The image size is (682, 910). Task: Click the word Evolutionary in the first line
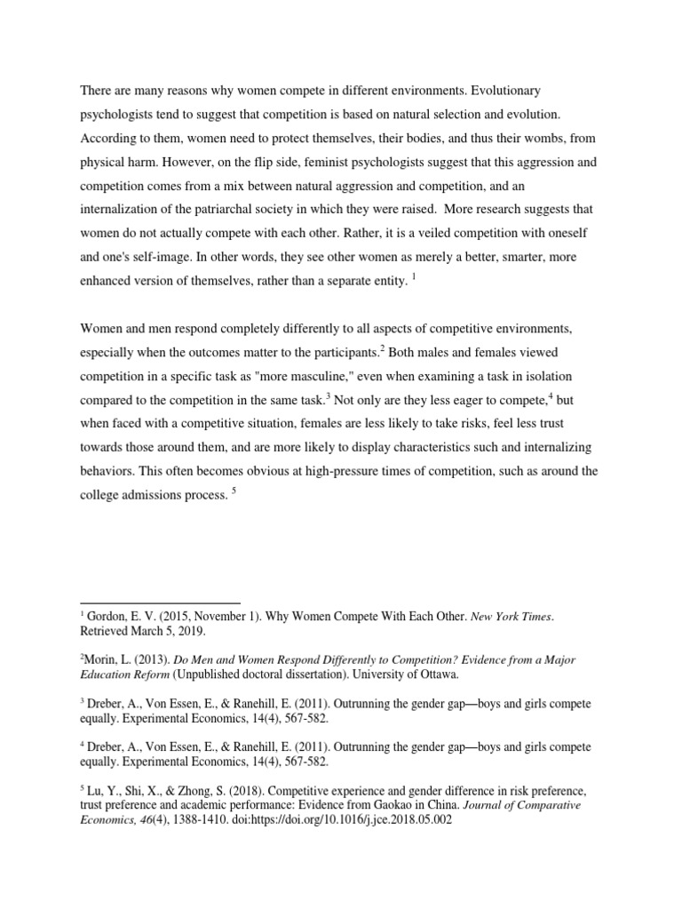pos(505,92)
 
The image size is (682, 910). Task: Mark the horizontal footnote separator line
pos(160,603)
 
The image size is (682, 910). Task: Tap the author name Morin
pos(101,660)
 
